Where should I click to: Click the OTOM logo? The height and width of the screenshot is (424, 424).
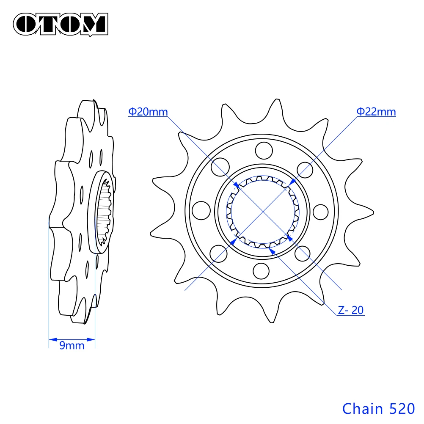click(x=61, y=24)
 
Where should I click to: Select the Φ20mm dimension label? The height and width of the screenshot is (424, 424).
click(x=148, y=112)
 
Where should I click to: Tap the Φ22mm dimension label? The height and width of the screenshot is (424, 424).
click(x=376, y=112)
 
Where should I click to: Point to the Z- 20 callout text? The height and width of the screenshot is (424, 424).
click(x=351, y=310)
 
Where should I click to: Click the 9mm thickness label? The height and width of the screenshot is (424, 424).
click(x=72, y=346)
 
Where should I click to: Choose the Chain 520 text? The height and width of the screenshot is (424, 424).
click(x=378, y=408)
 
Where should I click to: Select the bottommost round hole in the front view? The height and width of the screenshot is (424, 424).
click(x=262, y=270)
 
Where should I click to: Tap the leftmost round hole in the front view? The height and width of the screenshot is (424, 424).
click(x=201, y=209)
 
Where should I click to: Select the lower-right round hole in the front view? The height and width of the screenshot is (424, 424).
click(x=303, y=254)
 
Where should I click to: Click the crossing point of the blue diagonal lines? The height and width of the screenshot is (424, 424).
click(x=263, y=210)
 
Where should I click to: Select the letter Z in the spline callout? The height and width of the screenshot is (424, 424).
click(x=341, y=310)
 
